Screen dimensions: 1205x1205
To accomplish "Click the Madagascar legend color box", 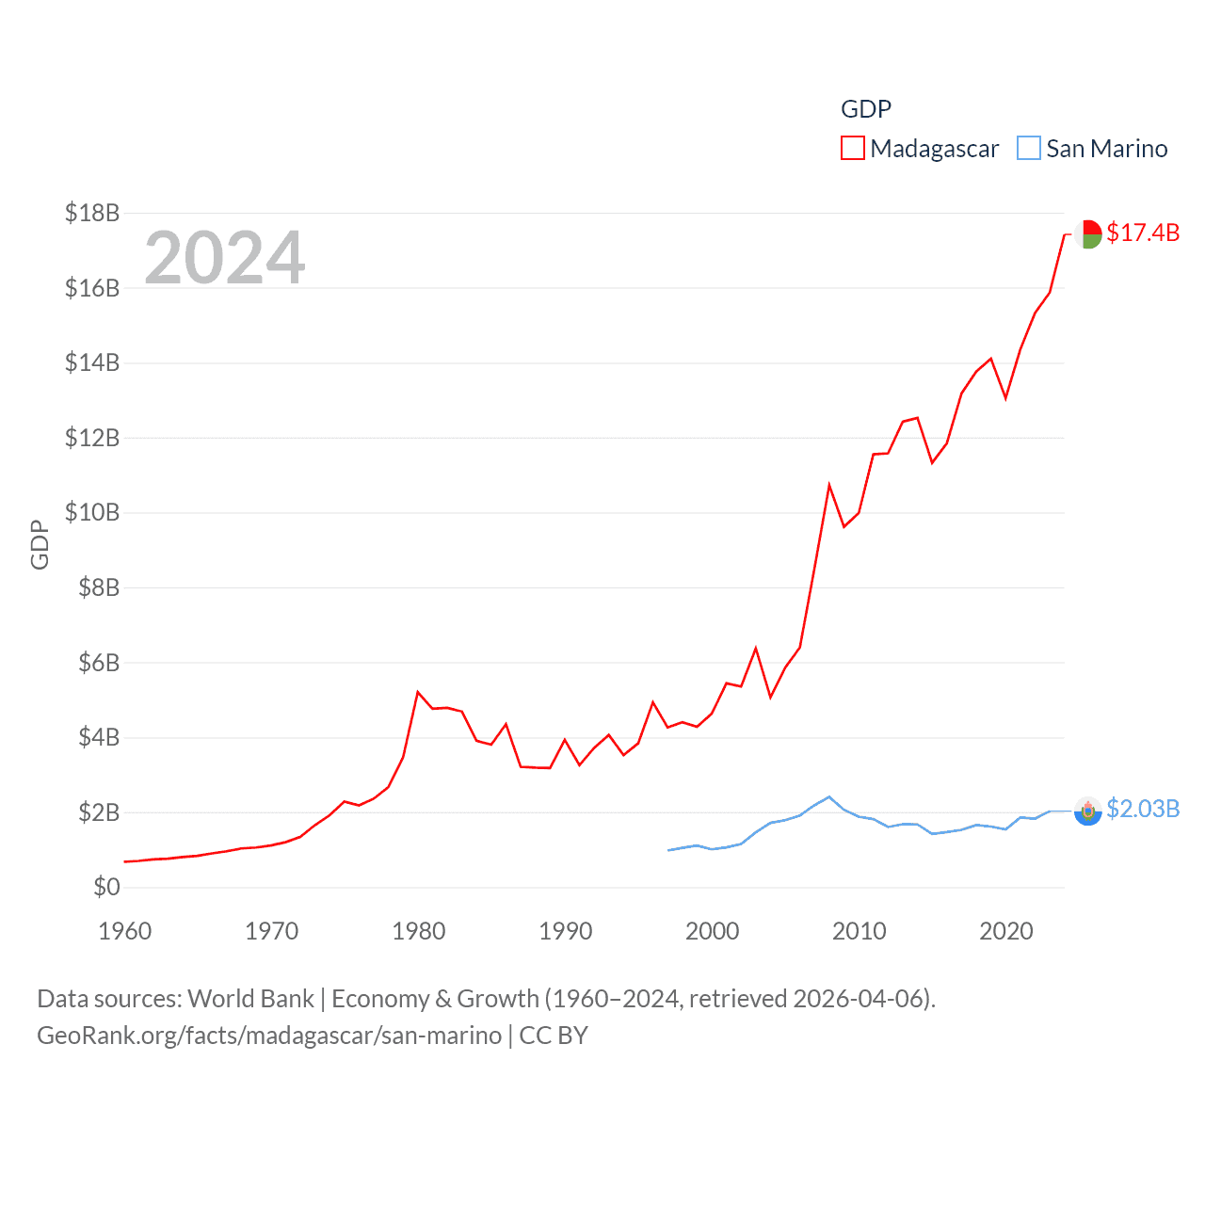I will click(852, 149).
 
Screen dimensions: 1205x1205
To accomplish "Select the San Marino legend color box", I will click(1029, 149).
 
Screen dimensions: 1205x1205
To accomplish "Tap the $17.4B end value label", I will click(1143, 233).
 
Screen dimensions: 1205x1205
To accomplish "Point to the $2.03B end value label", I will click(1143, 809).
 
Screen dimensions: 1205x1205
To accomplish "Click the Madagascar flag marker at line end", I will click(1088, 233).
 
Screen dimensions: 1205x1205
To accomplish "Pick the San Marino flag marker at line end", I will click(1088, 811).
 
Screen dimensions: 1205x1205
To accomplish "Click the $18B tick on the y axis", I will click(92, 213).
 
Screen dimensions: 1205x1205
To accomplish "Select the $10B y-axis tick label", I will click(92, 512).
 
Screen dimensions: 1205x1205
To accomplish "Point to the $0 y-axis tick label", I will click(106, 887).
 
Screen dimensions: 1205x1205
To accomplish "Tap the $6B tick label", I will click(98, 663).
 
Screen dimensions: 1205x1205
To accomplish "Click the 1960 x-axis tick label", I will click(125, 931).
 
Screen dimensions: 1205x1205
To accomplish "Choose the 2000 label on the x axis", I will click(713, 931).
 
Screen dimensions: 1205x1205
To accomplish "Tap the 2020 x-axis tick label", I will click(1006, 931).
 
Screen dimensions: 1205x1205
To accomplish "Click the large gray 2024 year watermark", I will click(224, 257).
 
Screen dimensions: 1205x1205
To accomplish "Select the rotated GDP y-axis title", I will click(40, 544).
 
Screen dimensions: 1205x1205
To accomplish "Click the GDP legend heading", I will click(865, 109).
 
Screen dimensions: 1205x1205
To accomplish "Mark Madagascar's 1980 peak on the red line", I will click(418, 692).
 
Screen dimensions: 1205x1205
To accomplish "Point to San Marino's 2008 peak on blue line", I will click(829, 797).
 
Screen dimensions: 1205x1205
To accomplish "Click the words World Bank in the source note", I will click(250, 998).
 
